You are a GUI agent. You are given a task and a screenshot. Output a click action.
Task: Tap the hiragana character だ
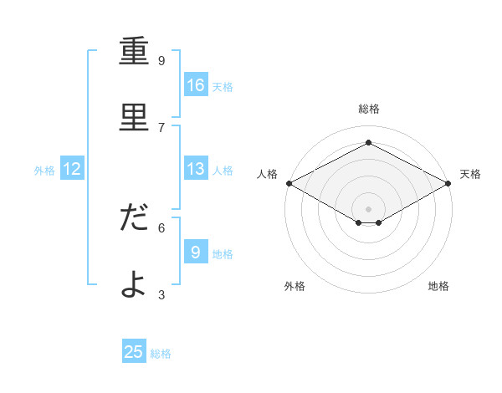click(x=134, y=217)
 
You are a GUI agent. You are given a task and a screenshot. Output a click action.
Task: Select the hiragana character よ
click(x=134, y=284)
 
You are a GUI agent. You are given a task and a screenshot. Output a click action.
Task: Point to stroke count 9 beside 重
click(x=161, y=61)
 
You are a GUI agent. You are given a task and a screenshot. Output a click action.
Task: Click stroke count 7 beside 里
click(x=161, y=127)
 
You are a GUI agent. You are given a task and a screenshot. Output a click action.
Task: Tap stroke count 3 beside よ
click(x=161, y=294)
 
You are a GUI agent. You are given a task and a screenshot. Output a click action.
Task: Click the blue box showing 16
click(x=196, y=84)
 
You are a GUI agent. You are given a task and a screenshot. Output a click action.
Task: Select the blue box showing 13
click(x=196, y=169)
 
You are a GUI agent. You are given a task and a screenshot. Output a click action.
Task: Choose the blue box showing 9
click(x=196, y=252)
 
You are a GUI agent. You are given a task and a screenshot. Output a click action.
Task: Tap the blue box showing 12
click(x=72, y=169)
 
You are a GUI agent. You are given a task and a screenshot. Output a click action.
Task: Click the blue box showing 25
click(x=134, y=352)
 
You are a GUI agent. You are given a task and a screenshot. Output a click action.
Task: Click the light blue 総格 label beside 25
click(x=161, y=354)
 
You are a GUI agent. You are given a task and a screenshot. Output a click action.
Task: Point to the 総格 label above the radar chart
click(x=369, y=109)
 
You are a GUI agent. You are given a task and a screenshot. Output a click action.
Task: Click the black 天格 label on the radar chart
click(x=470, y=174)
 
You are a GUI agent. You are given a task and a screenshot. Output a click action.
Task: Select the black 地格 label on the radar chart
click(x=438, y=286)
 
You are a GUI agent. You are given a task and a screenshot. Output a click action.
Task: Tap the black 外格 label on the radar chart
click(x=295, y=286)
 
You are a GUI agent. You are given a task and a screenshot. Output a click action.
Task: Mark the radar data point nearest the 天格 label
click(x=449, y=183)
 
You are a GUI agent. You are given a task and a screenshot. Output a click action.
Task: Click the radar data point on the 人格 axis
click(x=289, y=183)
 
